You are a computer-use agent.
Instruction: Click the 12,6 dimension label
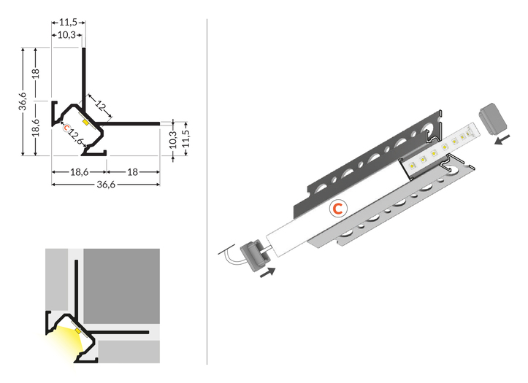[x=75, y=136]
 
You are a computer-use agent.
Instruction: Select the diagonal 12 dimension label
[x=101, y=106]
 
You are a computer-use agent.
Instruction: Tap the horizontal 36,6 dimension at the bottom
[x=106, y=185]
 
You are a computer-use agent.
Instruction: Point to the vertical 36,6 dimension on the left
[x=22, y=101]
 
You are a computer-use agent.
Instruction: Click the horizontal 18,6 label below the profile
[x=80, y=172]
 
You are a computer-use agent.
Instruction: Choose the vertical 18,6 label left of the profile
[x=36, y=128]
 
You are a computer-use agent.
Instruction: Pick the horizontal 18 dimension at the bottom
[x=133, y=172]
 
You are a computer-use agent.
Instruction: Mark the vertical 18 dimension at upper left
[x=36, y=73]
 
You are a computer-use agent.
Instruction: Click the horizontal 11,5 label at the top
[x=68, y=22]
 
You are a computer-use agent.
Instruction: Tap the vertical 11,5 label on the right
[x=185, y=139]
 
